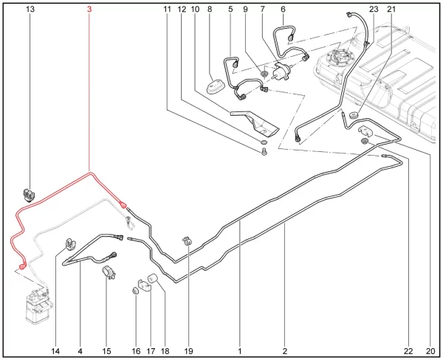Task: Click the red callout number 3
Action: point(89,10)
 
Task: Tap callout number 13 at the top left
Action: point(30,10)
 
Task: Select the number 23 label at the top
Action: point(374,10)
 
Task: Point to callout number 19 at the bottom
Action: point(188,351)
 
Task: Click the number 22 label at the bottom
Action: point(408,351)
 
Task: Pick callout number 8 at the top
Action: point(210,10)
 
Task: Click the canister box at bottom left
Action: point(38,305)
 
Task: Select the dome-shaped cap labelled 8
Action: point(215,86)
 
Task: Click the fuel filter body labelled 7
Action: point(281,72)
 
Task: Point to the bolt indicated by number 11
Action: point(264,152)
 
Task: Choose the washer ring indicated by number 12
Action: point(264,142)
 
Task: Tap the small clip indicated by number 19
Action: point(187,240)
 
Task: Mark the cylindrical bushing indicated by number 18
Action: point(153,278)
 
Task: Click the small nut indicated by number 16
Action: point(135,291)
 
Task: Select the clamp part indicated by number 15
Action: point(109,273)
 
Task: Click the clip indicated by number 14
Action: point(69,244)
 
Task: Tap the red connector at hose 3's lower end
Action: point(21,266)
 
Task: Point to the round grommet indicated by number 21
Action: point(354,115)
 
